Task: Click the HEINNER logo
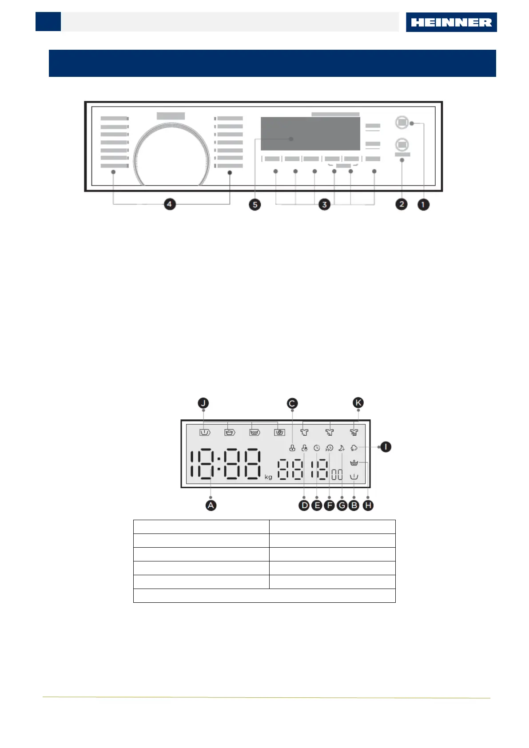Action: coord(451,22)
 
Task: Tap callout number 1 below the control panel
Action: coord(423,204)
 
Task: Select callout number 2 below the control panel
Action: coord(402,204)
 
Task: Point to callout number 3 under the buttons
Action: coord(325,204)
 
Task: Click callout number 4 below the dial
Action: coord(170,204)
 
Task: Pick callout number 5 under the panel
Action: coord(255,204)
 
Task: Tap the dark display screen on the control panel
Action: coord(310,134)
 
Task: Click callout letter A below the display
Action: coord(211,505)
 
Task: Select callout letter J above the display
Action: coord(203,403)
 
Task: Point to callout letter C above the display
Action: coord(292,403)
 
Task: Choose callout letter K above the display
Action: coord(358,402)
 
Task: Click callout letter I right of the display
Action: coord(386,447)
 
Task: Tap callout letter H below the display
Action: coord(368,505)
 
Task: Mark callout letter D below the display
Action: coord(304,505)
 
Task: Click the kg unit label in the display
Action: coord(268,477)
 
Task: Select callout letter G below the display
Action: coord(342,505)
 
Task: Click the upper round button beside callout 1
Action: coord(402,122)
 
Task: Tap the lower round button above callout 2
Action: coord(402,144)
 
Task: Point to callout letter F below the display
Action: coord(329,505)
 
